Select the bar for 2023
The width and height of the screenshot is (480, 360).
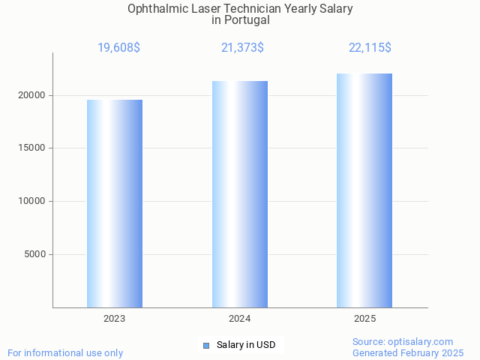115,203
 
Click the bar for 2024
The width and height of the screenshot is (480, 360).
240,194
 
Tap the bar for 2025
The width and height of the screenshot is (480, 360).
364,190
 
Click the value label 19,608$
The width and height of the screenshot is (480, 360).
118,48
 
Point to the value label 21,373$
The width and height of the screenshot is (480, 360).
242,48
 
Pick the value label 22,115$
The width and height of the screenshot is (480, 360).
370,48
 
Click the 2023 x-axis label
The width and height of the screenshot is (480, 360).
115,319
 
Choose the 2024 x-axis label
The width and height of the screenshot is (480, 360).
240,319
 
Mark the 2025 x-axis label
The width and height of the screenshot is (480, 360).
364,319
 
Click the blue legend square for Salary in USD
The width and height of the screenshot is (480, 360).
206,346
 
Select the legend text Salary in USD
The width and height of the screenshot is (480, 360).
246,345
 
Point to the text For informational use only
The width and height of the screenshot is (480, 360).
65,352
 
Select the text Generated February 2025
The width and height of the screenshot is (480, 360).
408,352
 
